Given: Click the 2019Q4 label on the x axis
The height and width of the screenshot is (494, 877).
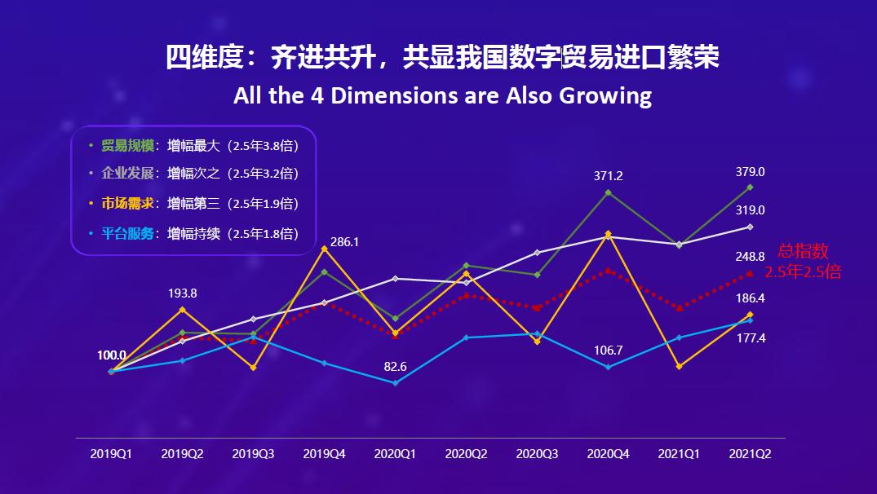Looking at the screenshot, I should click(325, 454).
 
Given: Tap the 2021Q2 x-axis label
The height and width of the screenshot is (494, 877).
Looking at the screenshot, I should click(750, 454).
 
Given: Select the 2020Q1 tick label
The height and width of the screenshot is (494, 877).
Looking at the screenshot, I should click(395, 454).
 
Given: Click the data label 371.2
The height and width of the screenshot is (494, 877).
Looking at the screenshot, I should click(609, 175).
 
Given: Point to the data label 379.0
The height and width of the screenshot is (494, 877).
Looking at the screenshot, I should click(750, 172).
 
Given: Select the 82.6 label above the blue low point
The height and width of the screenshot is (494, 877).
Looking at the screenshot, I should click(396, 367).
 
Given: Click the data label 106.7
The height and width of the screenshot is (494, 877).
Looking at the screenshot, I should click(609, 351).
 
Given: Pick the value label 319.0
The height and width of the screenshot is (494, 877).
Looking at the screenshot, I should click(750, 210).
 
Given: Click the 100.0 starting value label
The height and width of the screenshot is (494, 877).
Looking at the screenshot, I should click(112, 355).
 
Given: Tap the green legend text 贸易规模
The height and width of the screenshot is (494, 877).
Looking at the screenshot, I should click(127, 146).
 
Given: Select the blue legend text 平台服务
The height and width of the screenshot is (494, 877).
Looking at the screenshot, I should click(127, 233).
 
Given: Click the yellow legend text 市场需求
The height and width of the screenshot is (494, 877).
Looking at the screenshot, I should click(127, 204).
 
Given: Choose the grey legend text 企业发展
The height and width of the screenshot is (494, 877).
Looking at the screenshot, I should click(127, 174).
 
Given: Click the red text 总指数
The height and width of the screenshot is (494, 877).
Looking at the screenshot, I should click(803, 252).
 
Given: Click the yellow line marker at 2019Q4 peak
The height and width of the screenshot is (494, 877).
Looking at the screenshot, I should click(325, 249).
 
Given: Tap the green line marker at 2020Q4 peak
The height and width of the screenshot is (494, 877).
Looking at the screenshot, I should click(609, 192).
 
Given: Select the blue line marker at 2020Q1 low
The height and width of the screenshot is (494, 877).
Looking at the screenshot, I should click(396, 383).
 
